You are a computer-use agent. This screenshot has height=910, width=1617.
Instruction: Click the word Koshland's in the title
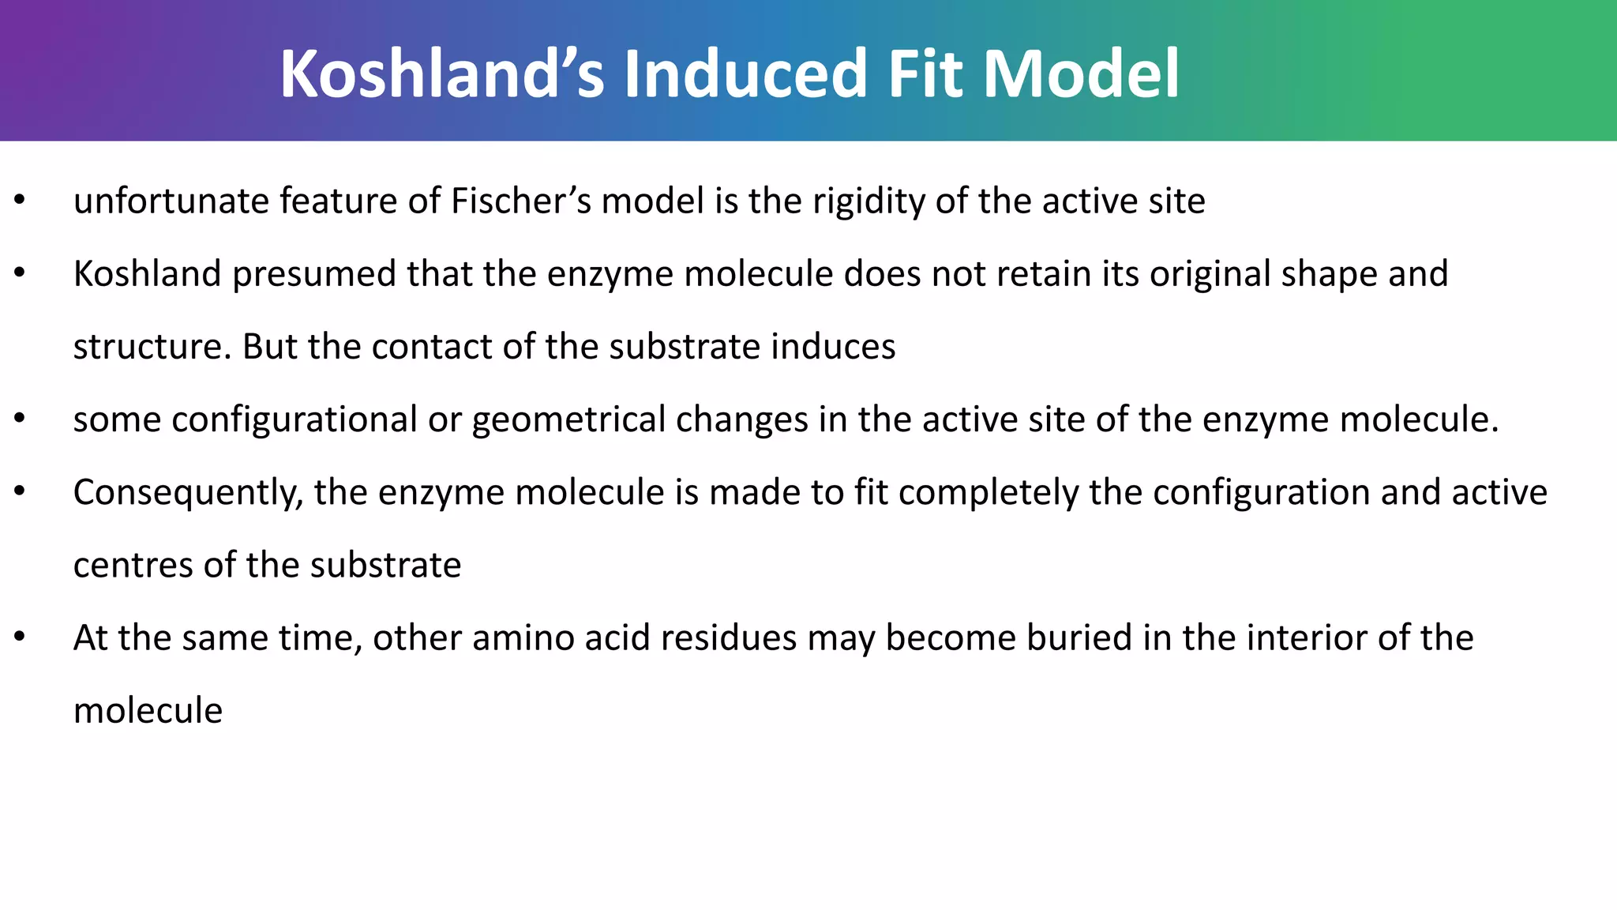tap(442, 73)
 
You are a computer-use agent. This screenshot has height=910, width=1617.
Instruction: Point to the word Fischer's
tap(521, 201)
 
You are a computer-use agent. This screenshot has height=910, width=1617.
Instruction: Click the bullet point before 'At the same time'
tap(21, 637)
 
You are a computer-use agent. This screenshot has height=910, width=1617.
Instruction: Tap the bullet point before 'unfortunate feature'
tap(21, 200)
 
